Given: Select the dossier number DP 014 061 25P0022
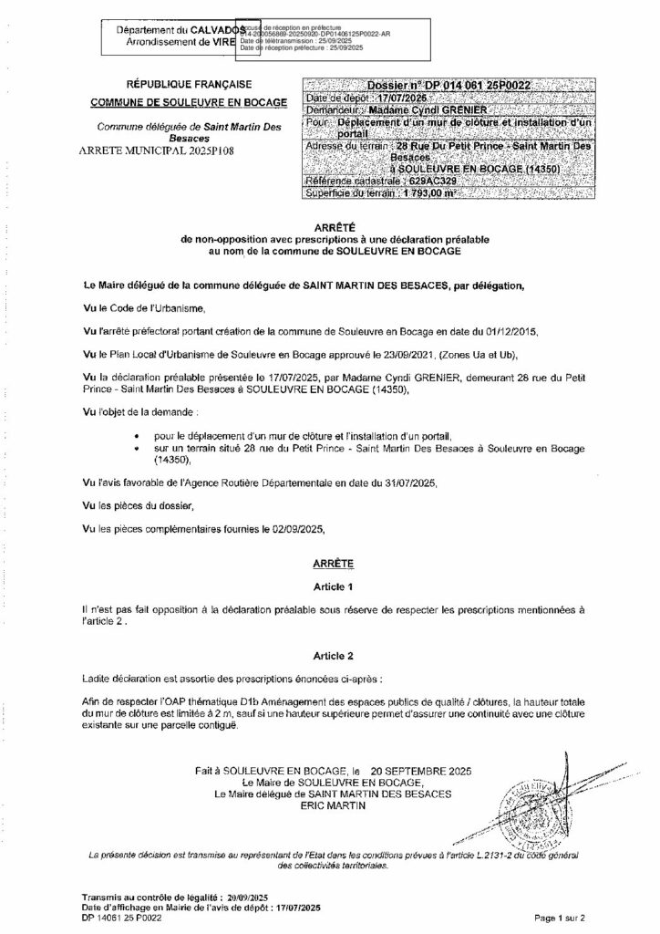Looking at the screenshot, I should (x=473, y=85).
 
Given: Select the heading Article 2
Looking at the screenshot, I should (x=333, y=655).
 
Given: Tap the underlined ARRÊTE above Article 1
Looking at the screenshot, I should (x=333, y=565).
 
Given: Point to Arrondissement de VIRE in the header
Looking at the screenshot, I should (x=167, y=43).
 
